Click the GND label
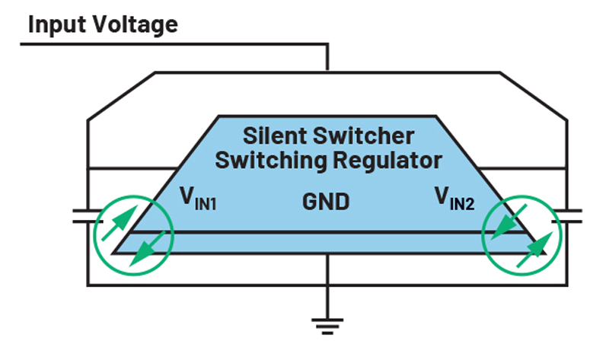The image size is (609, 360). pyautogui.click(x=326, y=202)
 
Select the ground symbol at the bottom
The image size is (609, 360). pyautogui.click(x=327, y=324)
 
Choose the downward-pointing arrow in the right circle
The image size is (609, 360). pyautogui.click(x=505, y=225)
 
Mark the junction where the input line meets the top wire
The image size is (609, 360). pyautogui.click(x=327, y=72)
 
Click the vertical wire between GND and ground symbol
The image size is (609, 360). pyautogui.click(x=327, y=270)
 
